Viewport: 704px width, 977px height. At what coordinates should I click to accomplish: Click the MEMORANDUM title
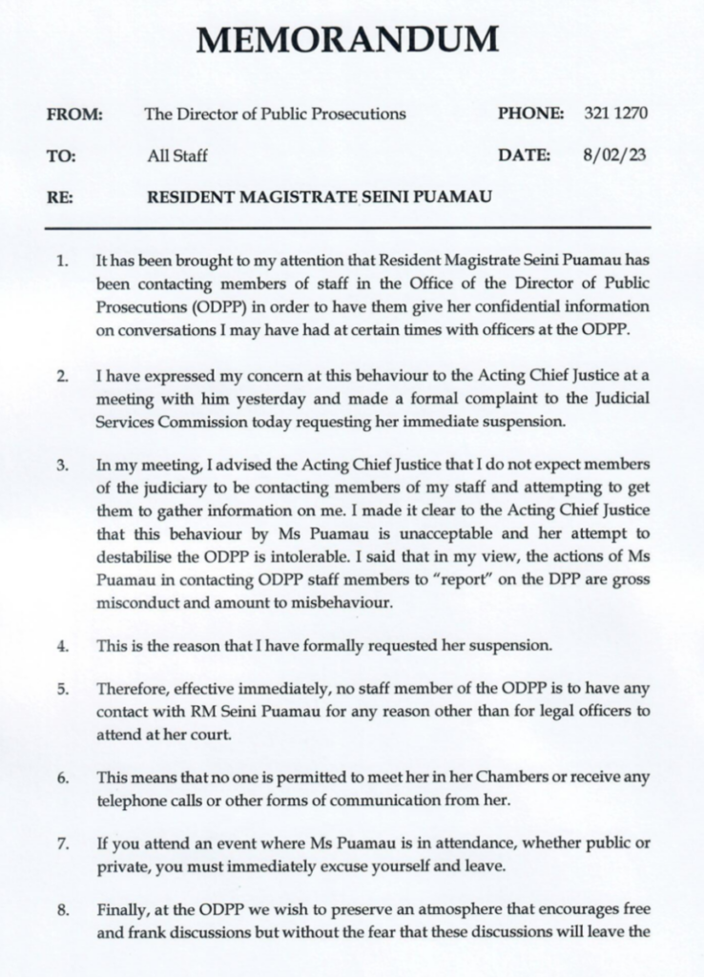(x=347, y=40)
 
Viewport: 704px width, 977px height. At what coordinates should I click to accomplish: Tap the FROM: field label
(x=74, y=114)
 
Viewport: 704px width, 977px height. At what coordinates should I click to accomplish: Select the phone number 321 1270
(x=615, y=114)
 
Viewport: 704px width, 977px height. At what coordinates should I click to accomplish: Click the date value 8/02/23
(x=612, y=155)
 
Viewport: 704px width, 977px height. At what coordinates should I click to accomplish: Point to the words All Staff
(x=176, y=156)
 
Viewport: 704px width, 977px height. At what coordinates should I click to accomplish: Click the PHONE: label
(x=531, y=114)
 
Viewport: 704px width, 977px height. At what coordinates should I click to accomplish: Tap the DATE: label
(x=524, y=155)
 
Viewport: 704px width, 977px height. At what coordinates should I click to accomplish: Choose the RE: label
(x=60, y=197)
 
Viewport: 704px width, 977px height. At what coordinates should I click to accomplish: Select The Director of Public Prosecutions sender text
(x=275, y=114)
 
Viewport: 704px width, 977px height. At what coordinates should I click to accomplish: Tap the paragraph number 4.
(x=61, y=646)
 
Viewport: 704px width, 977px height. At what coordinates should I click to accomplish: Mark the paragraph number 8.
(x=61, y=910)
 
